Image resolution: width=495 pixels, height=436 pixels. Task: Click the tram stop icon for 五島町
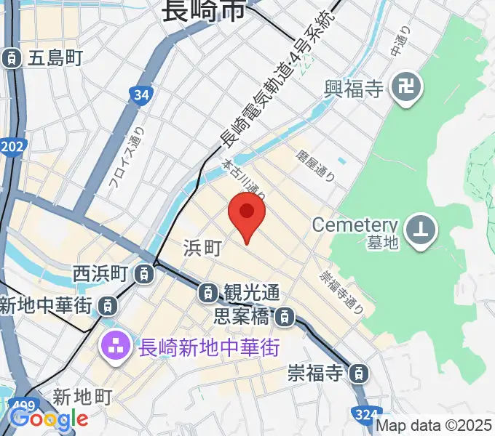coord(12,57)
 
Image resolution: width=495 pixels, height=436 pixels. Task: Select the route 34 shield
coord(142,94)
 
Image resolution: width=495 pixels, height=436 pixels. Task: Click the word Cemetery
coord(355,225)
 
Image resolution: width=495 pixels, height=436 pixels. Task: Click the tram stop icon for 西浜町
coord(146,274)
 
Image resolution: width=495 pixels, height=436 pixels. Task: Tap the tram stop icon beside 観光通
coord(208,293)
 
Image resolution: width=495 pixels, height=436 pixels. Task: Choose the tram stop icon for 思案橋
coord(285,316)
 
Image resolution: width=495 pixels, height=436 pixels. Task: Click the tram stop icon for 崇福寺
coord(358,374)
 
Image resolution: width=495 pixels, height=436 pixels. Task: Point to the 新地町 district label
coord(82,397)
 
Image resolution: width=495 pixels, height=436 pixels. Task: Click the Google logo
coord(48,418)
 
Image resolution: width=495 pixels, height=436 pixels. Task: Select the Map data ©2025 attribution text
coord(435,426)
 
